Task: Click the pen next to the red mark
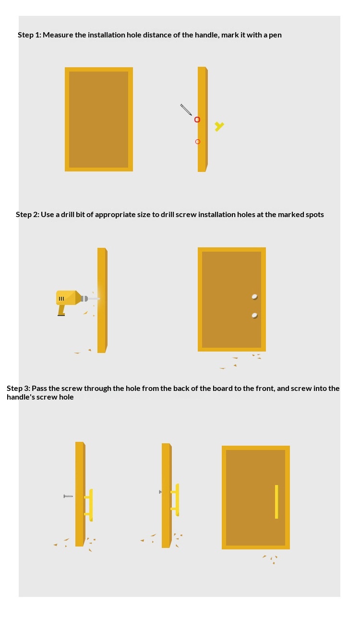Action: click(186, 109)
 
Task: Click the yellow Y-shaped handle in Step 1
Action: click(219, 126)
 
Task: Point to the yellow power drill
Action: click(69, 300)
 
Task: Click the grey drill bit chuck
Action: click(84, 299)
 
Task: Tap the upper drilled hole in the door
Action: click(255, 297)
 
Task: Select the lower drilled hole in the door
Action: click(255, 316)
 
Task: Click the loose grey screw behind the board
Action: click(68, 496)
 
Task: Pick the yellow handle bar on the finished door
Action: click(276, 502)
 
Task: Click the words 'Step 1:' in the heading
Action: click(29, 35)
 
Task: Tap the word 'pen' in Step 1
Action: click(276, 36)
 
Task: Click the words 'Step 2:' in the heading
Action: click(27, 215)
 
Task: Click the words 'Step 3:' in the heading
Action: click(18, 389)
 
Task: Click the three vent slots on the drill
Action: click(61, 299)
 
